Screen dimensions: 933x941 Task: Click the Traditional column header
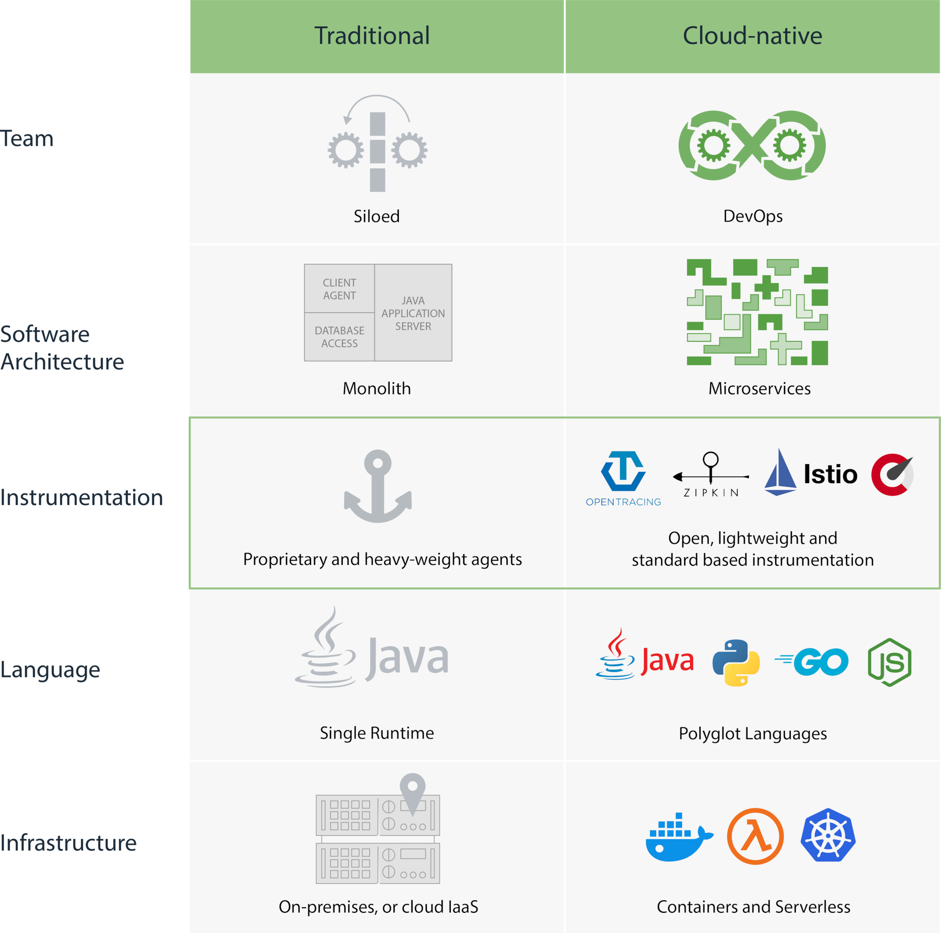372,35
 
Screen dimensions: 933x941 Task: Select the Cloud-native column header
752,35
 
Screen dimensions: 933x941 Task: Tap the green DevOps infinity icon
752,145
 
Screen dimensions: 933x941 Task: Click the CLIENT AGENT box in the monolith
340,289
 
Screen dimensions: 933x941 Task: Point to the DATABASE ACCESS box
340,336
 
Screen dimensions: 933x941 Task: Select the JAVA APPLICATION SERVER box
413,313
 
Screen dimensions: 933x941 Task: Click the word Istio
830,474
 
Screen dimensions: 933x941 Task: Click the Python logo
736,662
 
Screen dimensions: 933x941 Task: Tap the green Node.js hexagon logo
890,662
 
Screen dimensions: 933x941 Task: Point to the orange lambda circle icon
755,836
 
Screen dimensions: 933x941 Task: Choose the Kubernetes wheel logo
828,835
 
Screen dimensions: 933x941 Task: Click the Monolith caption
376,388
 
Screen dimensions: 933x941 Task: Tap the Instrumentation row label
81,497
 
